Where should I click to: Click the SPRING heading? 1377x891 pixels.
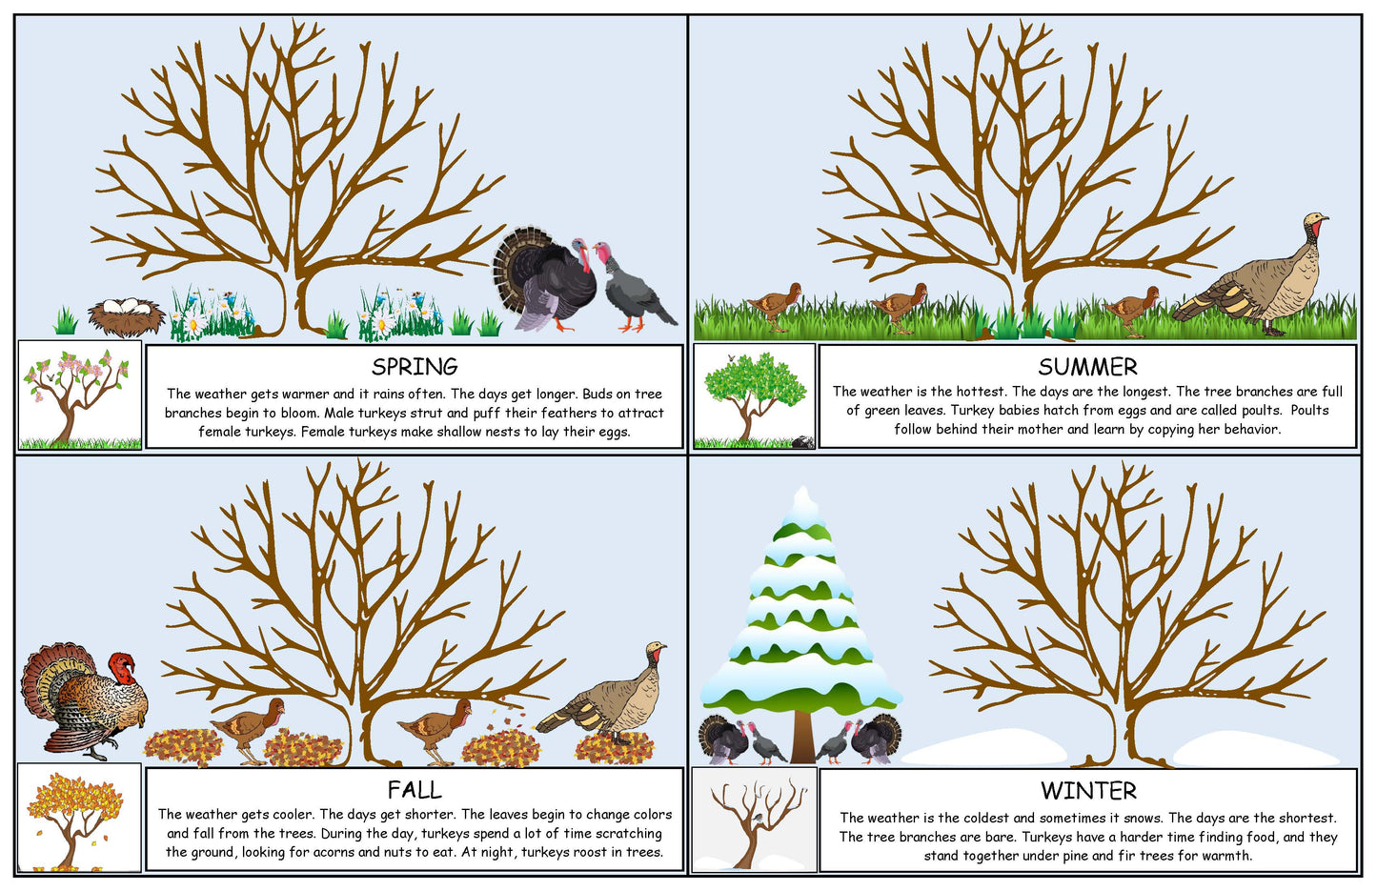415,367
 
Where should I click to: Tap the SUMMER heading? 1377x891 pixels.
1087,367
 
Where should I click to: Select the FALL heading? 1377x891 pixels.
415,790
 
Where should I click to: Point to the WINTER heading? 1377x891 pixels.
1088,791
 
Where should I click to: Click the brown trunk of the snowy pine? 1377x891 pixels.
801,738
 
